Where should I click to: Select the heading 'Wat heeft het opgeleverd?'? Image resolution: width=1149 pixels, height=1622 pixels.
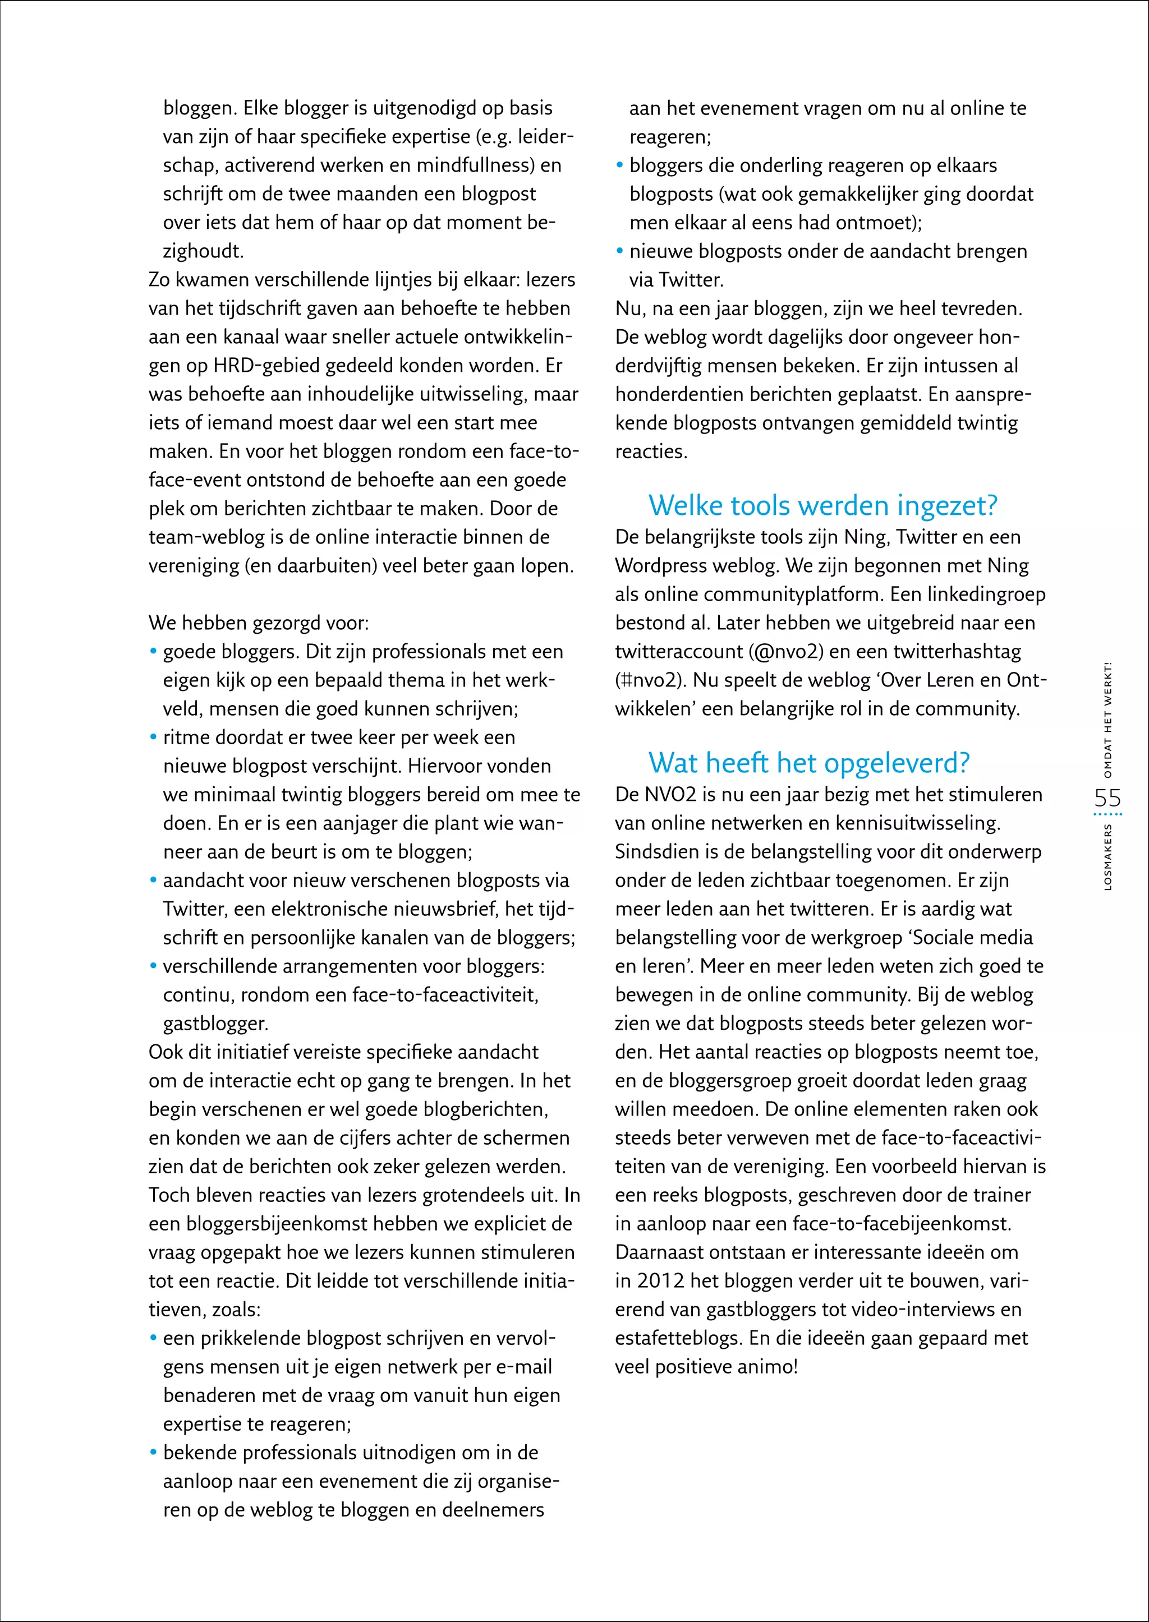click(x=808, y=763)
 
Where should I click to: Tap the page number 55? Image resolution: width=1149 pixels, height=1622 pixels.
click(x=1107, y=798)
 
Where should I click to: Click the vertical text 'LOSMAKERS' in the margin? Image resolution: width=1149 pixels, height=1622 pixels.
click(x=1108, y=856)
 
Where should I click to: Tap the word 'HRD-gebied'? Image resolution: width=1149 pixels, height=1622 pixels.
click(x=265, y=366)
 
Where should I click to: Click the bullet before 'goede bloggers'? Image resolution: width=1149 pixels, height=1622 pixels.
click(x=153, y=652)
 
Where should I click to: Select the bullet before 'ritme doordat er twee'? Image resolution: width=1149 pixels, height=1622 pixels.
click(x=153, y=737)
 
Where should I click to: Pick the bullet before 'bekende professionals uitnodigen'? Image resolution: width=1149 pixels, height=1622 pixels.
click(x=153, y=1452)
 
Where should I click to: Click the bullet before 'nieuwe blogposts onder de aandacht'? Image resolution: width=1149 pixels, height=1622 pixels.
click(x=620, y=251)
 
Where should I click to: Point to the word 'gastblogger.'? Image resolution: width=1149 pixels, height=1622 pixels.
click(x=215, y=1024)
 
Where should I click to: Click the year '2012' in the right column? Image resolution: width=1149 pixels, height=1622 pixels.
click(x=660, y=1281)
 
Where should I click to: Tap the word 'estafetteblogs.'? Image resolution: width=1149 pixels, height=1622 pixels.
click(x=678, y=1338)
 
